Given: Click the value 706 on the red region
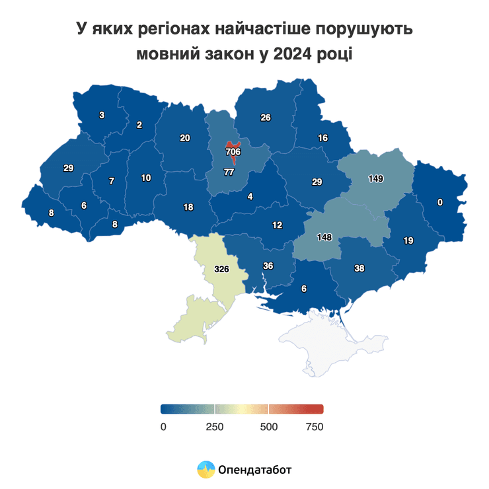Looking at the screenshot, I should (x=233, y=152).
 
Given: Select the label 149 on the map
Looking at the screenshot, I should (x=376, y=178).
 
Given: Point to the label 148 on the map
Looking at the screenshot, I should (x=324, y=237).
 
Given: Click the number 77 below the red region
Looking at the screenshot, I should (x=229, y=172).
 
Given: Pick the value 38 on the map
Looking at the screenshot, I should (x=359, y=268).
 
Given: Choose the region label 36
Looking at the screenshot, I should (x=268, y=266).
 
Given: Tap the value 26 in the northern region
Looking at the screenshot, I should (x=266, y=118).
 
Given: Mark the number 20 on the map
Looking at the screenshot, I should (x=185, y=138).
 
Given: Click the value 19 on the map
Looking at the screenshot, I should (x=408, y=241).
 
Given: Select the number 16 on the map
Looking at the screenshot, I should (x=322, y=138).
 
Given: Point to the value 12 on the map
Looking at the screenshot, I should (x=277, y=225).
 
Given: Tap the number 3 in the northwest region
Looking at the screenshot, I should (x=101, y=115).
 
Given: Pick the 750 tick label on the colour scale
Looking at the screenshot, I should (x=314, y=427).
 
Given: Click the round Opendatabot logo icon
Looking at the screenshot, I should (x=206, y=470).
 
